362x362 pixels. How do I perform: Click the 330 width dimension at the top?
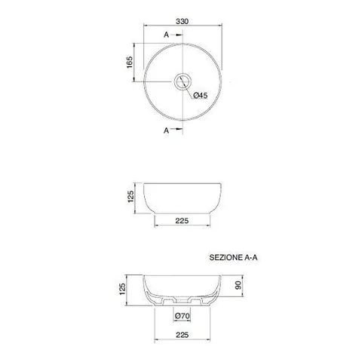pyautogui.click(x=182, y=21)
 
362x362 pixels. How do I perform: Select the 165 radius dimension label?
pyautogui.click(x=130, y=62)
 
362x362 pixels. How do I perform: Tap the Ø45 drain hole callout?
pyautogui.click(x=201, y=95)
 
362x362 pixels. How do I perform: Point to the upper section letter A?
pyautogui.click(x=166, y=35)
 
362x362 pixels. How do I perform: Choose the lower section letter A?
pyautogui.click(x=166, y=130)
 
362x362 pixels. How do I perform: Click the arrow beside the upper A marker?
pyautogui.click(x=179, y=35)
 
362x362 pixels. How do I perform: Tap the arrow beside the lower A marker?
pyautogui.click(x=179, y=129)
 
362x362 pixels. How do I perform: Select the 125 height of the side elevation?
pyautogui.click(x=130, y=196)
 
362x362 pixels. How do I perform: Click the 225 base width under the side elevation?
pyautogui.click(x=182, y=221)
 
